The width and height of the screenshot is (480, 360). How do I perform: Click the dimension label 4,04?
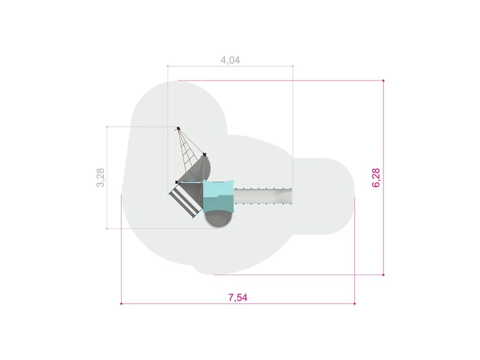click(230, 60)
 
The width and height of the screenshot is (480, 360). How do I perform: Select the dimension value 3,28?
click(100, 178)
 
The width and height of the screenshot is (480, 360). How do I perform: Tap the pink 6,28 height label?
click(376, 178)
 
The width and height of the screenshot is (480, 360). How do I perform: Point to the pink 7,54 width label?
click(238, 297)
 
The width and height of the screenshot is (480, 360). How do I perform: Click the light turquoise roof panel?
click(219, 189)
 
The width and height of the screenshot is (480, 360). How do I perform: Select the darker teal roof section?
click(219, 204)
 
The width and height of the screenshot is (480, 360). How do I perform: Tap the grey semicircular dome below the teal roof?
click(219, 220)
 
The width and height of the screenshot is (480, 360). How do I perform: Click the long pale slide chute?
click(263, 196)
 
